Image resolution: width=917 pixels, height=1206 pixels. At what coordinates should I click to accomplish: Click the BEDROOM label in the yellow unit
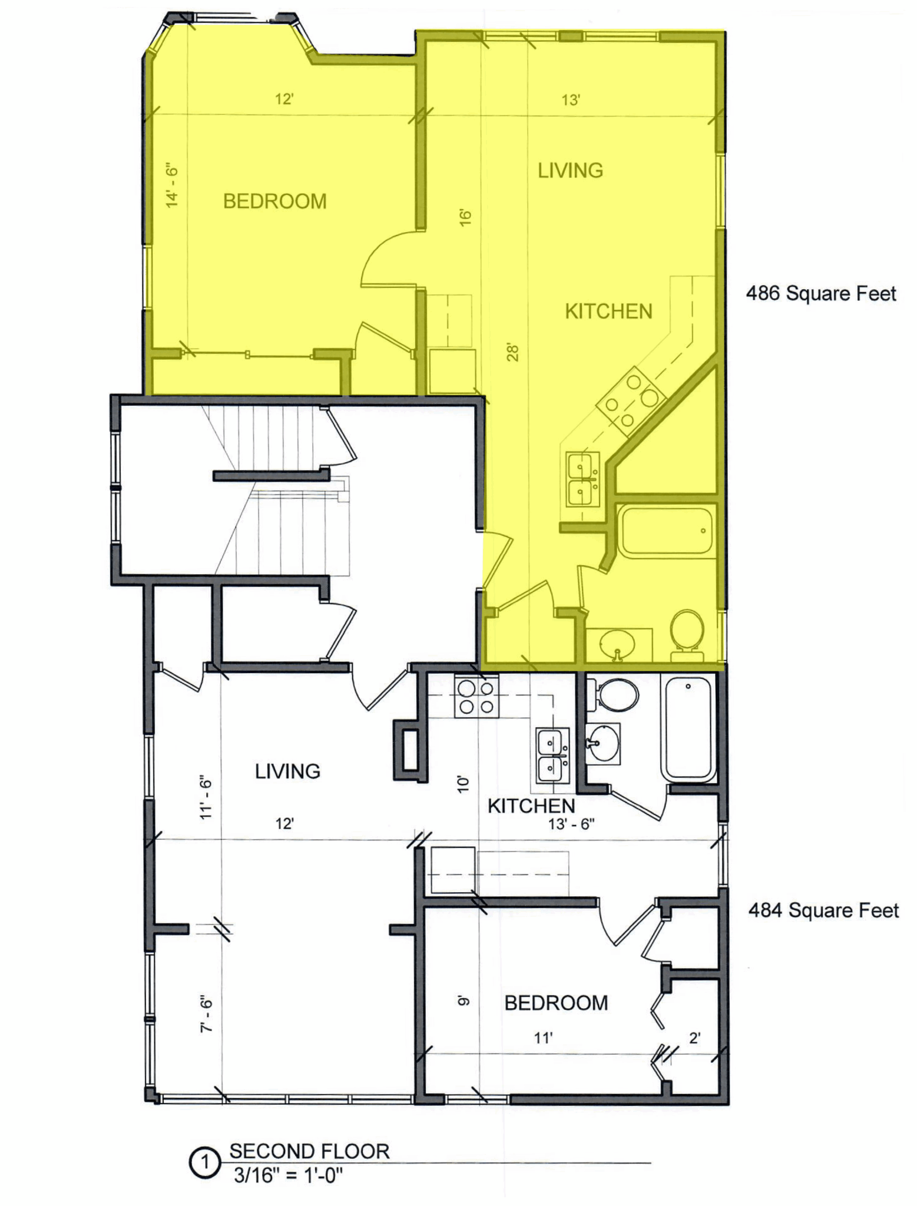click(274, 201)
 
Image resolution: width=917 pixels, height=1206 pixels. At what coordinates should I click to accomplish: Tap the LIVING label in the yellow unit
click(570, 171)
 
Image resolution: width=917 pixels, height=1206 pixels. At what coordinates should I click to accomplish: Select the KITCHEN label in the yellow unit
click(608, 312)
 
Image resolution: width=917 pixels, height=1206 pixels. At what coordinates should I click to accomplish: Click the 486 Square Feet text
click(821, 293)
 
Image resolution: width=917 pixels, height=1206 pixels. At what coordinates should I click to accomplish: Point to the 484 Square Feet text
click(823, 910)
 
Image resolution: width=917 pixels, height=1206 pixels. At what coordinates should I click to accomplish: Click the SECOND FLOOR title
click(309, 1151)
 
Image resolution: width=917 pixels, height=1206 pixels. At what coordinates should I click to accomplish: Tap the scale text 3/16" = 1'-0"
click(288, 1175)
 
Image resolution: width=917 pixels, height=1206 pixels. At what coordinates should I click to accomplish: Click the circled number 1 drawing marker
click(205, 1164)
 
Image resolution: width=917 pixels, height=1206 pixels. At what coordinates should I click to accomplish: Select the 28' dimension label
click(513, 352)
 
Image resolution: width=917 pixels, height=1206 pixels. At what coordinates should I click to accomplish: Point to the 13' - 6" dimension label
click(571, 824)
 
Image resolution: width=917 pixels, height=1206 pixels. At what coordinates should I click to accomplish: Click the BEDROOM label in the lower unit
click(556, 1003)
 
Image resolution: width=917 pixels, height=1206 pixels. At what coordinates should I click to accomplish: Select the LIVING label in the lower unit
click(287, 771)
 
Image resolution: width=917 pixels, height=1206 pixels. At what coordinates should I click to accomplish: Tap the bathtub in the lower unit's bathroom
click(688, 728)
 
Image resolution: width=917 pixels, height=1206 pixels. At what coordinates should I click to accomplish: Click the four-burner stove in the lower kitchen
click(476, 697)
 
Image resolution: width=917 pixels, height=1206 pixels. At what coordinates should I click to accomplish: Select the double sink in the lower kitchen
click(553, 756)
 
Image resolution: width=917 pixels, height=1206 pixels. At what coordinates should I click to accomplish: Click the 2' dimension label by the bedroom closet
click(694, 1038)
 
